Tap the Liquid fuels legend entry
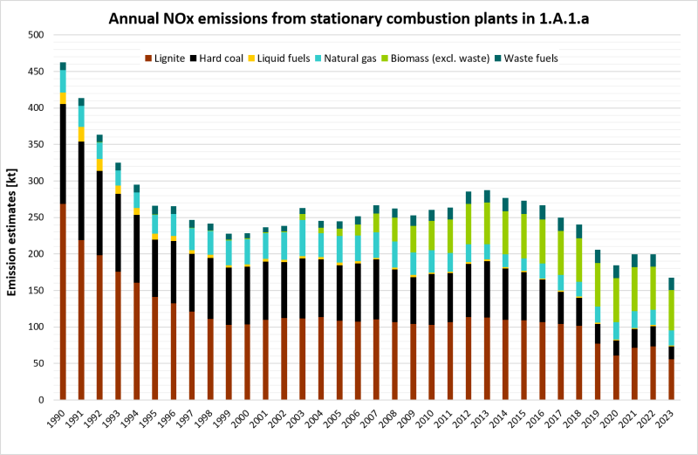[294, 59]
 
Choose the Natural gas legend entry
[362, 59]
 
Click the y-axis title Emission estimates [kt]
[14, 217]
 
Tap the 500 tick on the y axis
[36, 35]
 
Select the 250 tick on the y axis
[36, 217]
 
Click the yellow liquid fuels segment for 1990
[63, 98]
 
